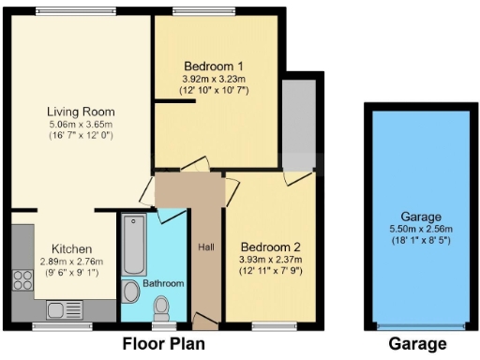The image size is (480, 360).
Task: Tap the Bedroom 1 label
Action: [214, 67]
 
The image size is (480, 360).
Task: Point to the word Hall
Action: [206, 247]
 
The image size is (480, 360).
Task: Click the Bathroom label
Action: [163, 283]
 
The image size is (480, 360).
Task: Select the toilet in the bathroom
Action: [161, 307]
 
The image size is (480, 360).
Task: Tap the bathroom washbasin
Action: [130, 292]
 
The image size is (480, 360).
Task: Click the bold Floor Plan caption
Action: [164, 343]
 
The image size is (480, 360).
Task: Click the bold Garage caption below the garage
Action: [417, 343]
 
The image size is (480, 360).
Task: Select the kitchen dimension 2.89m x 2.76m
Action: [71, 262]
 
